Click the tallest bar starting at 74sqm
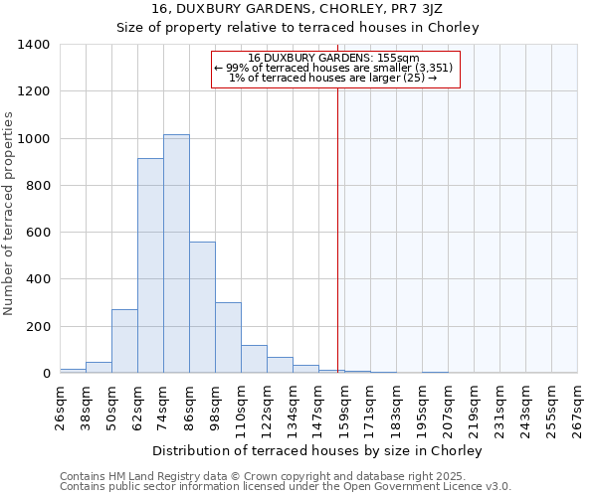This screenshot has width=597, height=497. tap(176, 253)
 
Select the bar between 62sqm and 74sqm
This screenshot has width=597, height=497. tap(150, 265)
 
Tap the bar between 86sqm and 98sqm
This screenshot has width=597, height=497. tap(202, 307)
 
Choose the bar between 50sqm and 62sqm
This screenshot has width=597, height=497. tap(124, 341)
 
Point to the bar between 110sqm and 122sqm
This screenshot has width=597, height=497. tap(254, 359)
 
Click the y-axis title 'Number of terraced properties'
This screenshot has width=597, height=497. tap(9, 214)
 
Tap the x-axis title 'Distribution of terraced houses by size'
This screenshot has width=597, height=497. tap(318, 450)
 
